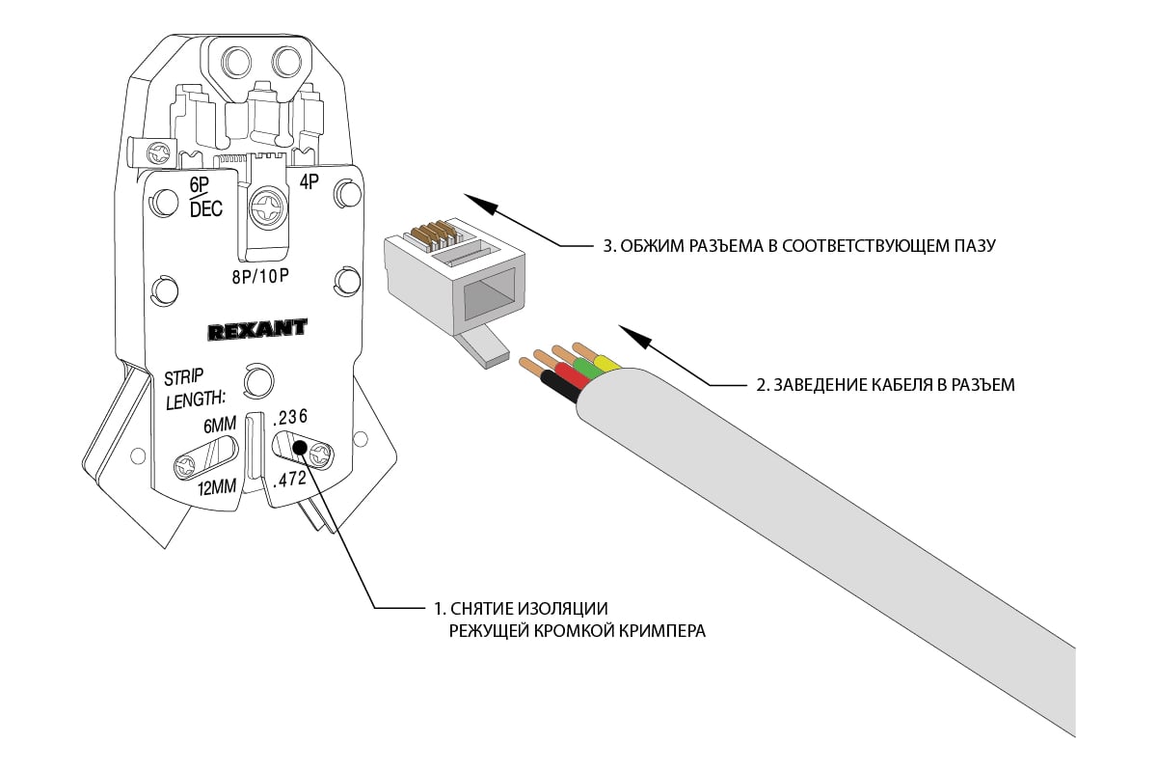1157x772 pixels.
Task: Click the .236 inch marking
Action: (x=289, y=417)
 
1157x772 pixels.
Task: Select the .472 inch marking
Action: (x=291, y=479)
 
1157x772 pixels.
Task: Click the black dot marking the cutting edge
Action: (x=300, y=447)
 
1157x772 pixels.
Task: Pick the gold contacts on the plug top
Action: (x=436, y=233)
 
